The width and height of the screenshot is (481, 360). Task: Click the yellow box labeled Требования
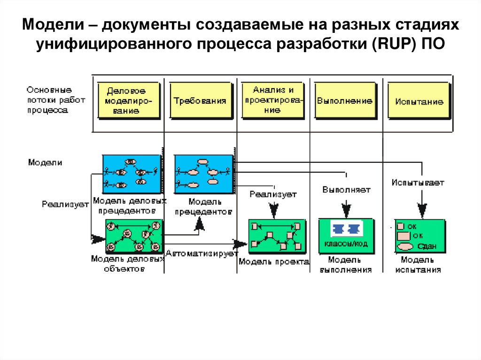click(x=201, y=100)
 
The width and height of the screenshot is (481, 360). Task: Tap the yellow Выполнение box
click(x=345, y=100)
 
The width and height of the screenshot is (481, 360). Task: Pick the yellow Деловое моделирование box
click(x=128, y=100)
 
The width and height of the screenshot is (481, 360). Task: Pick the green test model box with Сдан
click(x=419, y=236)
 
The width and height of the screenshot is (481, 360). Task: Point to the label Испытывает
click(x=418, y=182)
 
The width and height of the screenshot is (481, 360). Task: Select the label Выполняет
click(x=346, y=190)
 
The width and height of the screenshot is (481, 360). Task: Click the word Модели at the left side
click(x=45, y=162)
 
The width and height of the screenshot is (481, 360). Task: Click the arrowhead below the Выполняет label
click(x=346, y=209)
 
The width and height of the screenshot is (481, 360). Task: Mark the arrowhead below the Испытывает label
click(x=422, y=209)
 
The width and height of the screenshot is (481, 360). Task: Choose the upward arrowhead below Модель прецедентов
click(x=200, y=226)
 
